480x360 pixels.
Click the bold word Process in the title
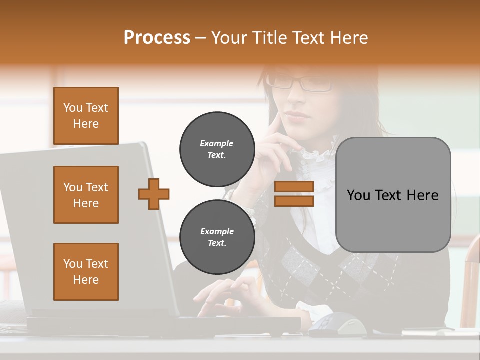pyautogui.click(x=157, y=37)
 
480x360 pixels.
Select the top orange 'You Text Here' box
pyautogui.click(x=86, y=116)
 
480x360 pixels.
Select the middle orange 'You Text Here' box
pyautogui.click(x=86, y=195)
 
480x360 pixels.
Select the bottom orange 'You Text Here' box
pyautogui.click(x=86, y=272)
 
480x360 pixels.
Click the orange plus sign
pyautogui.click(x=154, y=194)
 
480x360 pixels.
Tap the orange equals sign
pyautogui.click(x=294, y=194)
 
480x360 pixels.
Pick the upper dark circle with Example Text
pyautogui.click(x=217, y=149)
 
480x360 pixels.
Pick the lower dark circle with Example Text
pyautogui.click(x=217, y=237)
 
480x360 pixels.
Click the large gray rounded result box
pyautogui.click(x=393, y=195)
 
